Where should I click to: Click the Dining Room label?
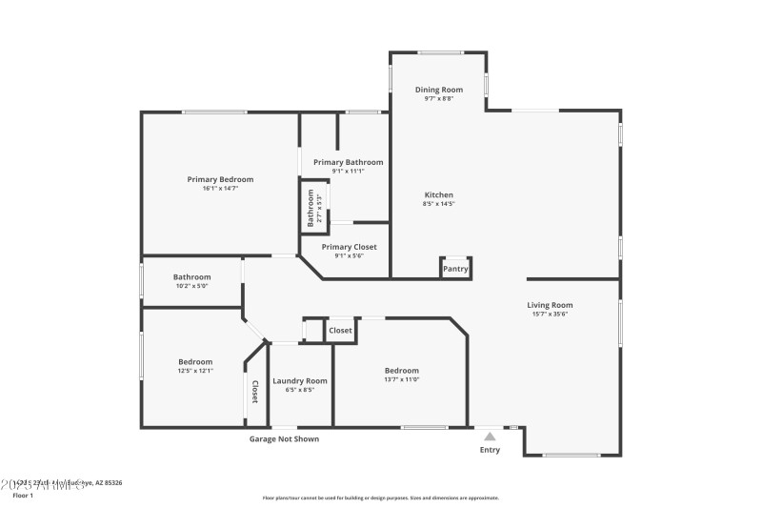[x=439, y=90]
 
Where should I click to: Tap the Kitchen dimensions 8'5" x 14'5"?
[x=439, y=203]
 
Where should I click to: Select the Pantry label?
[x=455, y=269]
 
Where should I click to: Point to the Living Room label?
[x=551, y=305]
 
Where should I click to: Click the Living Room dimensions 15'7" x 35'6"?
[x=551, y=314]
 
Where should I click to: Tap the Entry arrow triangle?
[x=490, y=436]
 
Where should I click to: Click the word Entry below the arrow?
[x=490, y=450]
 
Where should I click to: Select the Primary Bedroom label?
[x=220, y=179]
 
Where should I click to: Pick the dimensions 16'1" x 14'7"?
[x=220, y=188]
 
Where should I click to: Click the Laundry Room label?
[x=300, y=381]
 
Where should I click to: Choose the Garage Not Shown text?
[x=284, y=439]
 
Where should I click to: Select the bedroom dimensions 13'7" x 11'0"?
[x=401, y=379]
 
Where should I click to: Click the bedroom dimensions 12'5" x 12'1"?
[x=195, y=370]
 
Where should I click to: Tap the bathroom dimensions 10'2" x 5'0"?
[x=191, y=286]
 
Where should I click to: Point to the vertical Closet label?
[x=254, y=392]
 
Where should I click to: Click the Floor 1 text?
[x=23, y=496]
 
